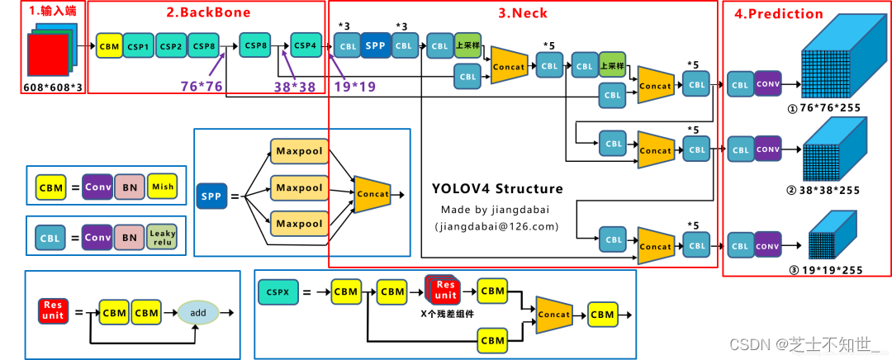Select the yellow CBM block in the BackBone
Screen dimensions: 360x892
[109, 46]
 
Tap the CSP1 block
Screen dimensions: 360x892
[139, 46]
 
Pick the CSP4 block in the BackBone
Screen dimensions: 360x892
[306, 45]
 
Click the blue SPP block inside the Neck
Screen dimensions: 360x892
[375, 45]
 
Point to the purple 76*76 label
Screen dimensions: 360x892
[202, 85]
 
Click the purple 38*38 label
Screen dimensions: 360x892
[296, 85]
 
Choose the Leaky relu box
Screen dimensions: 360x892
[163, 239]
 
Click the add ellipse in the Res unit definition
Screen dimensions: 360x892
[197, 313]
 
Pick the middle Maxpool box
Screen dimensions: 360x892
[298, 187]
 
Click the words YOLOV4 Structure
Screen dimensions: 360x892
[497, 189]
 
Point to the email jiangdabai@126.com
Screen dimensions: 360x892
[496, 226]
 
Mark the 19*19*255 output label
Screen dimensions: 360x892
[827, 269]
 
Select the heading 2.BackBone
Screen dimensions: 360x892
[207, 12]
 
